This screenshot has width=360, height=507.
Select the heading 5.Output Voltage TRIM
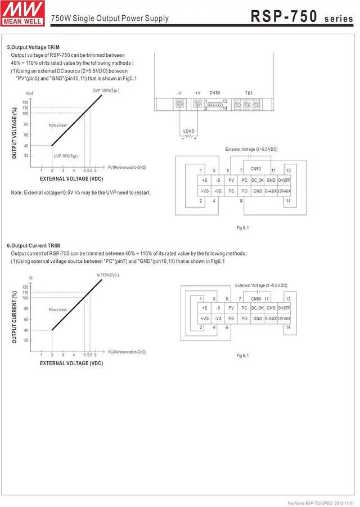(x=33, y=47)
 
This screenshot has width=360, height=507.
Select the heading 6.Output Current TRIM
(x=33, y=246)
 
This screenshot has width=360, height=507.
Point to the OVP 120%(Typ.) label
(x=106, y=90)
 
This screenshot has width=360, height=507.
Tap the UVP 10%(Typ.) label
(x=66, y=156)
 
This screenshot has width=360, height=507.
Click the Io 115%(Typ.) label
(x=107, y=275)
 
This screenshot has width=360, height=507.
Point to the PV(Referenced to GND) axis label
(x=127, y=167)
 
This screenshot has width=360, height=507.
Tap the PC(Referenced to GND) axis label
(x=127, y=352)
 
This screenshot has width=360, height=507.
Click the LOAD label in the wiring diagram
(x=189, y=131)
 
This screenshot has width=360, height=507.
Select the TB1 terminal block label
(x=249, y=92)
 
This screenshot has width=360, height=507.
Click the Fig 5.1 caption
(x=242, y=227)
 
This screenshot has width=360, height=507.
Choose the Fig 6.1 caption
(x=242, y=355)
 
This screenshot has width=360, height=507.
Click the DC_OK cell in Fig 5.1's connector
(x=258, y=180)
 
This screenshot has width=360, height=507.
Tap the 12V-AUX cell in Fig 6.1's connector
(x=285, y=318)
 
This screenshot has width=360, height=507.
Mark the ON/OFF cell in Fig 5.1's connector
(x=285, y=180)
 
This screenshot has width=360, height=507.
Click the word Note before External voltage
(x=16, y=192)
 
